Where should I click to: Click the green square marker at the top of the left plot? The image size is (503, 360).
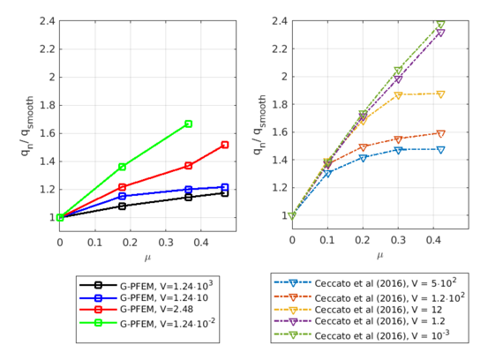[188, 124]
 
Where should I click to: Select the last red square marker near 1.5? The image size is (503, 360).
[225, 145]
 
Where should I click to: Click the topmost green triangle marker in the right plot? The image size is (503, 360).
[440, 25]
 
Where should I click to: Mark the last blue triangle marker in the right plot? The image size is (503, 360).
[440, 150]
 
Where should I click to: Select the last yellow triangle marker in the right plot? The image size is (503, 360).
[440, 94]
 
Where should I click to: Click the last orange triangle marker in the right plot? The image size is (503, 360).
[440, 134]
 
